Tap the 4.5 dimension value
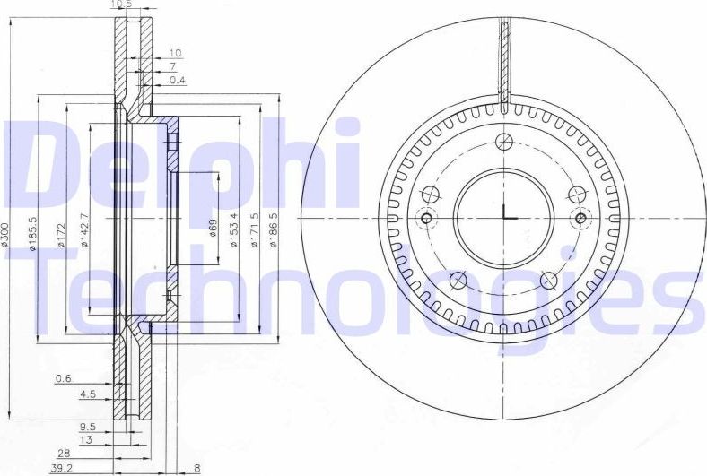pos(86,394)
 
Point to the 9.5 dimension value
pos(86,426)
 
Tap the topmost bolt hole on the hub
pos(504,141)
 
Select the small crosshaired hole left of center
pos(426,218)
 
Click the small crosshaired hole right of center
pos(580,218)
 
